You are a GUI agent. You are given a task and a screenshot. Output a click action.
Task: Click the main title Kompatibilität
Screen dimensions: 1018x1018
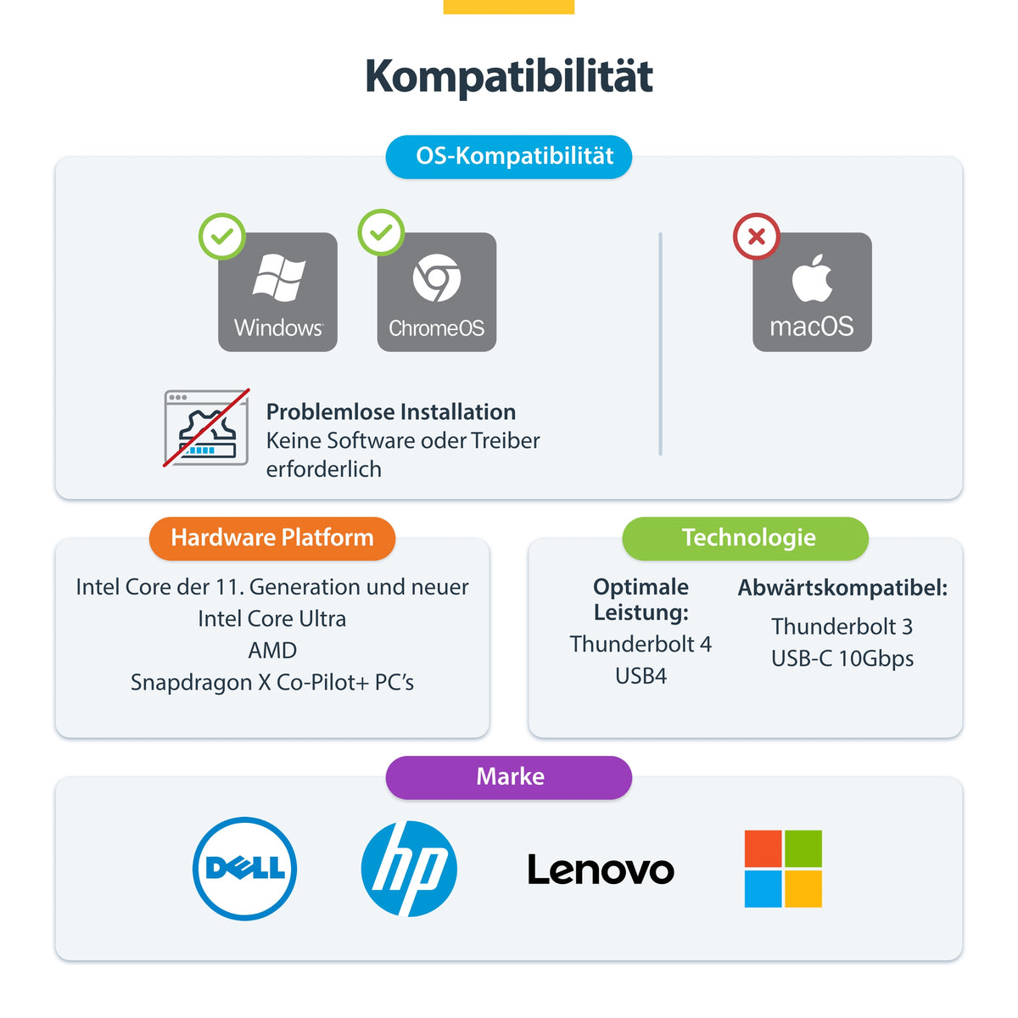pos(509,76)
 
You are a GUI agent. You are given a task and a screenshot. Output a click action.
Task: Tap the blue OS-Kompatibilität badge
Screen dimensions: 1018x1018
pos(509,156)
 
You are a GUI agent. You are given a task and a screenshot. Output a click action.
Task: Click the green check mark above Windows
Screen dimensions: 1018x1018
pos(222,236)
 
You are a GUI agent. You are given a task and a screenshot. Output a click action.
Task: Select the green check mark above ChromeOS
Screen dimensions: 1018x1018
pos(381,232)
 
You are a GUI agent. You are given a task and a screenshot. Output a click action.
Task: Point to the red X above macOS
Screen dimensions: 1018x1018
pos(757,236)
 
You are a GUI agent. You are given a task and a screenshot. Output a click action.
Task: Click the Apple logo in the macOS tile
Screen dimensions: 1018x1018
pos(812,278)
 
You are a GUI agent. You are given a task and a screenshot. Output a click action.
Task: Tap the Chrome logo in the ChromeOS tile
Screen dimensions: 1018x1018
pos(436,278)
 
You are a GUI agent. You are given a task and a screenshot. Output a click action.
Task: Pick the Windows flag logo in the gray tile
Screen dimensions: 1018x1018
pos(279,278)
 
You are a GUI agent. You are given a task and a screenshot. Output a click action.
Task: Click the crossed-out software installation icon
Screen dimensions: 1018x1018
pos(206,428)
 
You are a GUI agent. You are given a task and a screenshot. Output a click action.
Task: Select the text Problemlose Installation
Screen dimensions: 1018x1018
pos(391,412)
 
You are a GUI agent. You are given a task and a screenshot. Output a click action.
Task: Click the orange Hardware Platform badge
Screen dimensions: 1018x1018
pos(272,538)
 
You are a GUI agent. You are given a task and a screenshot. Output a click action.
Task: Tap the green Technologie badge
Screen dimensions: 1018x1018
pos(745,538)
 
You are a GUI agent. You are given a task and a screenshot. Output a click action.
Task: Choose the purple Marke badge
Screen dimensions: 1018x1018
pos(509,777)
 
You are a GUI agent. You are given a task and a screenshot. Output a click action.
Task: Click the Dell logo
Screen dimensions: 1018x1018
pos(244,869)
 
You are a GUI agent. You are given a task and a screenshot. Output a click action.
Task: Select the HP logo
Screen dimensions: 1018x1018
pos(409,869)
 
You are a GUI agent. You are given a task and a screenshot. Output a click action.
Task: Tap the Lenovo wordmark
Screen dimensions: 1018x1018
pos(601,870)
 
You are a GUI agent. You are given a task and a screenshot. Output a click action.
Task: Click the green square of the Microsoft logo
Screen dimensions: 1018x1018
pos(803,848)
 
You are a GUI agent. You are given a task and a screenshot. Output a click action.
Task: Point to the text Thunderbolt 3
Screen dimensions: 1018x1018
pos(842,627)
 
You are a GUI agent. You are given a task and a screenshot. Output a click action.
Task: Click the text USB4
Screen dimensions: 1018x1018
pos(640,676)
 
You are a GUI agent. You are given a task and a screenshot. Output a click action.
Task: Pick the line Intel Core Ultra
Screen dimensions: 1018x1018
pos(272,618)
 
